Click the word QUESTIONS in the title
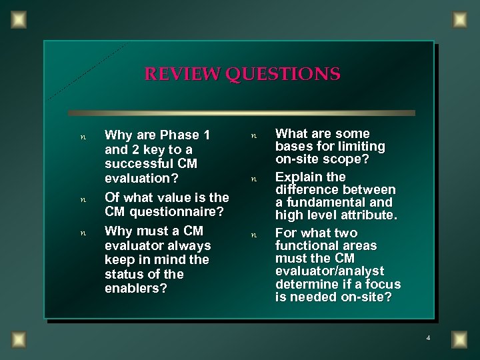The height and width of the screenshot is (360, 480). coord(283,73)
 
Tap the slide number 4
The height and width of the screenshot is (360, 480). coord(428,339)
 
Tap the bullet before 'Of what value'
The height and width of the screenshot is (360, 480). coord(82,199)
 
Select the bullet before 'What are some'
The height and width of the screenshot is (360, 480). coord(253,136)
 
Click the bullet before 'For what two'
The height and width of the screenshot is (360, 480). coord(253,235)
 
